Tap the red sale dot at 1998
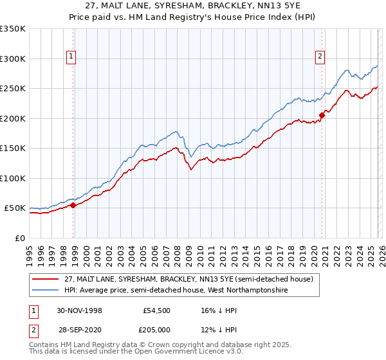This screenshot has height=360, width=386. pos(73,205)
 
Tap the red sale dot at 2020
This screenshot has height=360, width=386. pos(322,116)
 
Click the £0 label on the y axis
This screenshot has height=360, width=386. pos(21,238)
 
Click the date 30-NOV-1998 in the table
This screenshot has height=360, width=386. pos(79,310)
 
